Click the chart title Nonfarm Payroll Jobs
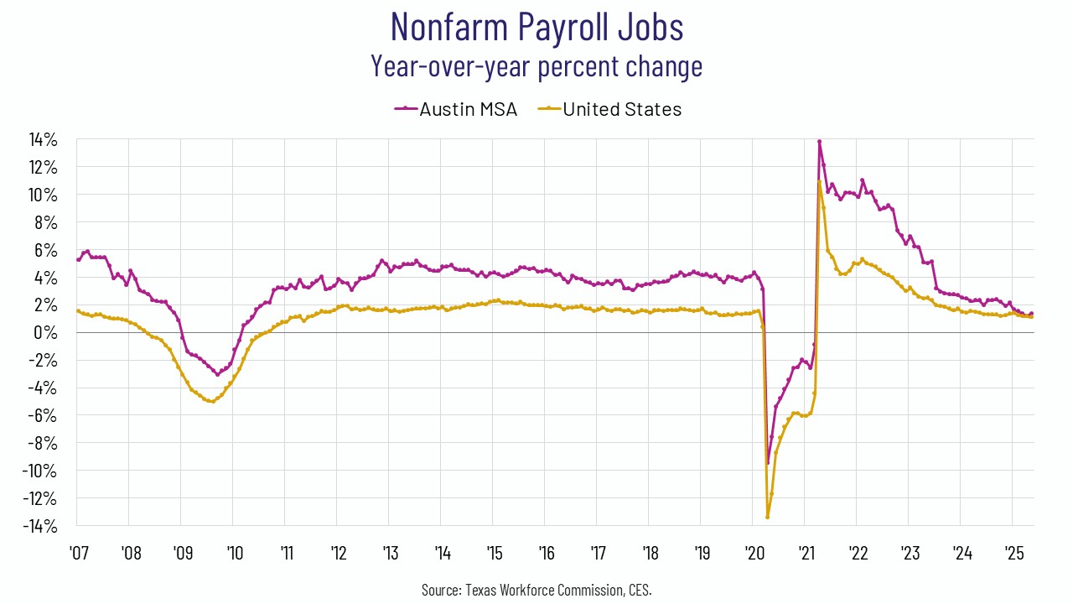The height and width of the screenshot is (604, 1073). [536, 27]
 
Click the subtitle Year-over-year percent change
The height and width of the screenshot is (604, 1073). [536, 65]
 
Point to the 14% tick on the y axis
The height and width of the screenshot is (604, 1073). [42, 139]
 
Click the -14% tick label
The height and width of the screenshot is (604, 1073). [39, 527]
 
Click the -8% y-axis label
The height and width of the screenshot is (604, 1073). [42, 444]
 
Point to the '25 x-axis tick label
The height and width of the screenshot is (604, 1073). [1013, 554]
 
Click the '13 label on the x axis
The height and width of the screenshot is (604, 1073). [390, 554]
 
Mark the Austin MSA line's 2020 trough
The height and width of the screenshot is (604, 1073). [767, 463]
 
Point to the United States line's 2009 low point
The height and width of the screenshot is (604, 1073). [213, 402]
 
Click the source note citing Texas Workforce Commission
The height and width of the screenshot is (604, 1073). [536, 591]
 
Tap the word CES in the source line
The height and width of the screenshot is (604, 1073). [640, 591]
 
